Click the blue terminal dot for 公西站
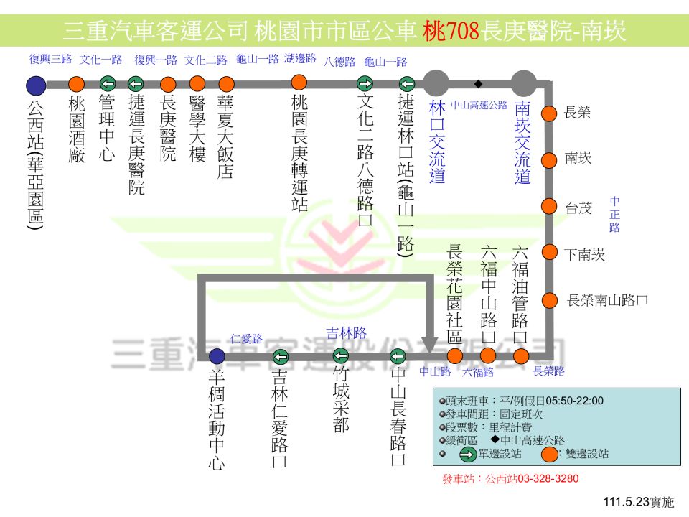[x=36, y=85]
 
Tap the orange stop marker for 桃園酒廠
[x=77, y=84]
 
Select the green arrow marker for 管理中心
[x=108, y=83]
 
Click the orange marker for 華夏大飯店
[x=226, y=83]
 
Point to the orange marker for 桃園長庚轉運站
[x=299, y=82]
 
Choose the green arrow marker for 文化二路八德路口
[x=365, y=83]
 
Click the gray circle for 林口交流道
[x=436, y=83]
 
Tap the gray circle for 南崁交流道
[x=524, y=83]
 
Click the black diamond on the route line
[x=479, y=83]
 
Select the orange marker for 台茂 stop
[x=549, y=206]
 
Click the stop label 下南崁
[x=584, y=254]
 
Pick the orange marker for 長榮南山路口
[x=550, y=301]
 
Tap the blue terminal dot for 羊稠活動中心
[x=217, y=356]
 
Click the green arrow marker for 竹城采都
[x=340, y=355]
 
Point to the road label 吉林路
[x=346, y=333]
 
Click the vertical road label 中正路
[x=615, y=214]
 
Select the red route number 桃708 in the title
[x=451, y=31]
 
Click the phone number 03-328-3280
[x=548, y=478]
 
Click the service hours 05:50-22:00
[x=575, y=401]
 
